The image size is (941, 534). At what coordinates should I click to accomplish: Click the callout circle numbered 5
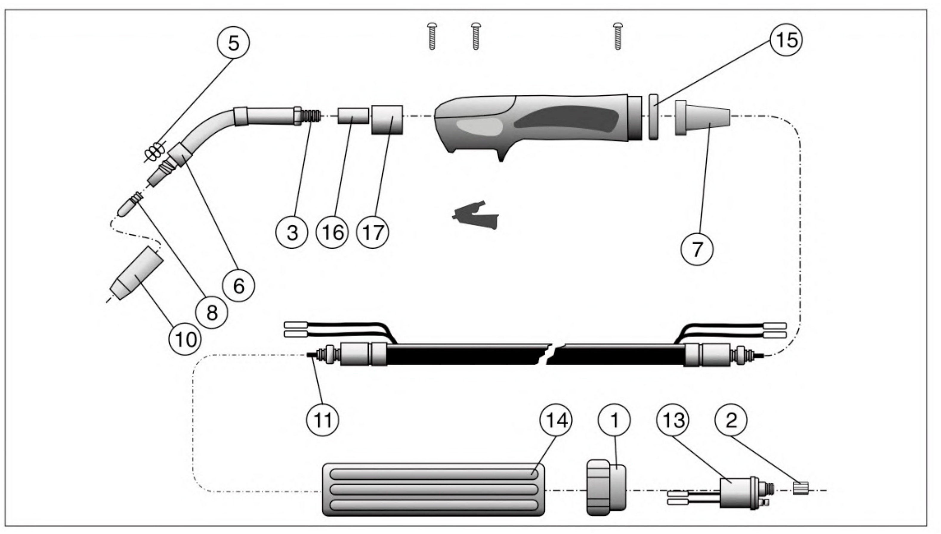click(233, 43)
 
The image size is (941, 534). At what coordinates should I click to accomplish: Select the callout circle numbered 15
click(786, 40)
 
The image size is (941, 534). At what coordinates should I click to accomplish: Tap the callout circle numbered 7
click(697, 249)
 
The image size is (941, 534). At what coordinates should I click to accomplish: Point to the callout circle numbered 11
click(322, 420)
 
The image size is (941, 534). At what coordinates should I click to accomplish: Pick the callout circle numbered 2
click(731, 420)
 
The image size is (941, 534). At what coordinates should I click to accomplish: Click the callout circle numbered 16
click(332, 233)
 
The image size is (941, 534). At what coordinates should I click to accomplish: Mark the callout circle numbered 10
click(185, 339)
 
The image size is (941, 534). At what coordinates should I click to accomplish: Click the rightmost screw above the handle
click(617, 36)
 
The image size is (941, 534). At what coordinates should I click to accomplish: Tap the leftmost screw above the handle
click(432, 36)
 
